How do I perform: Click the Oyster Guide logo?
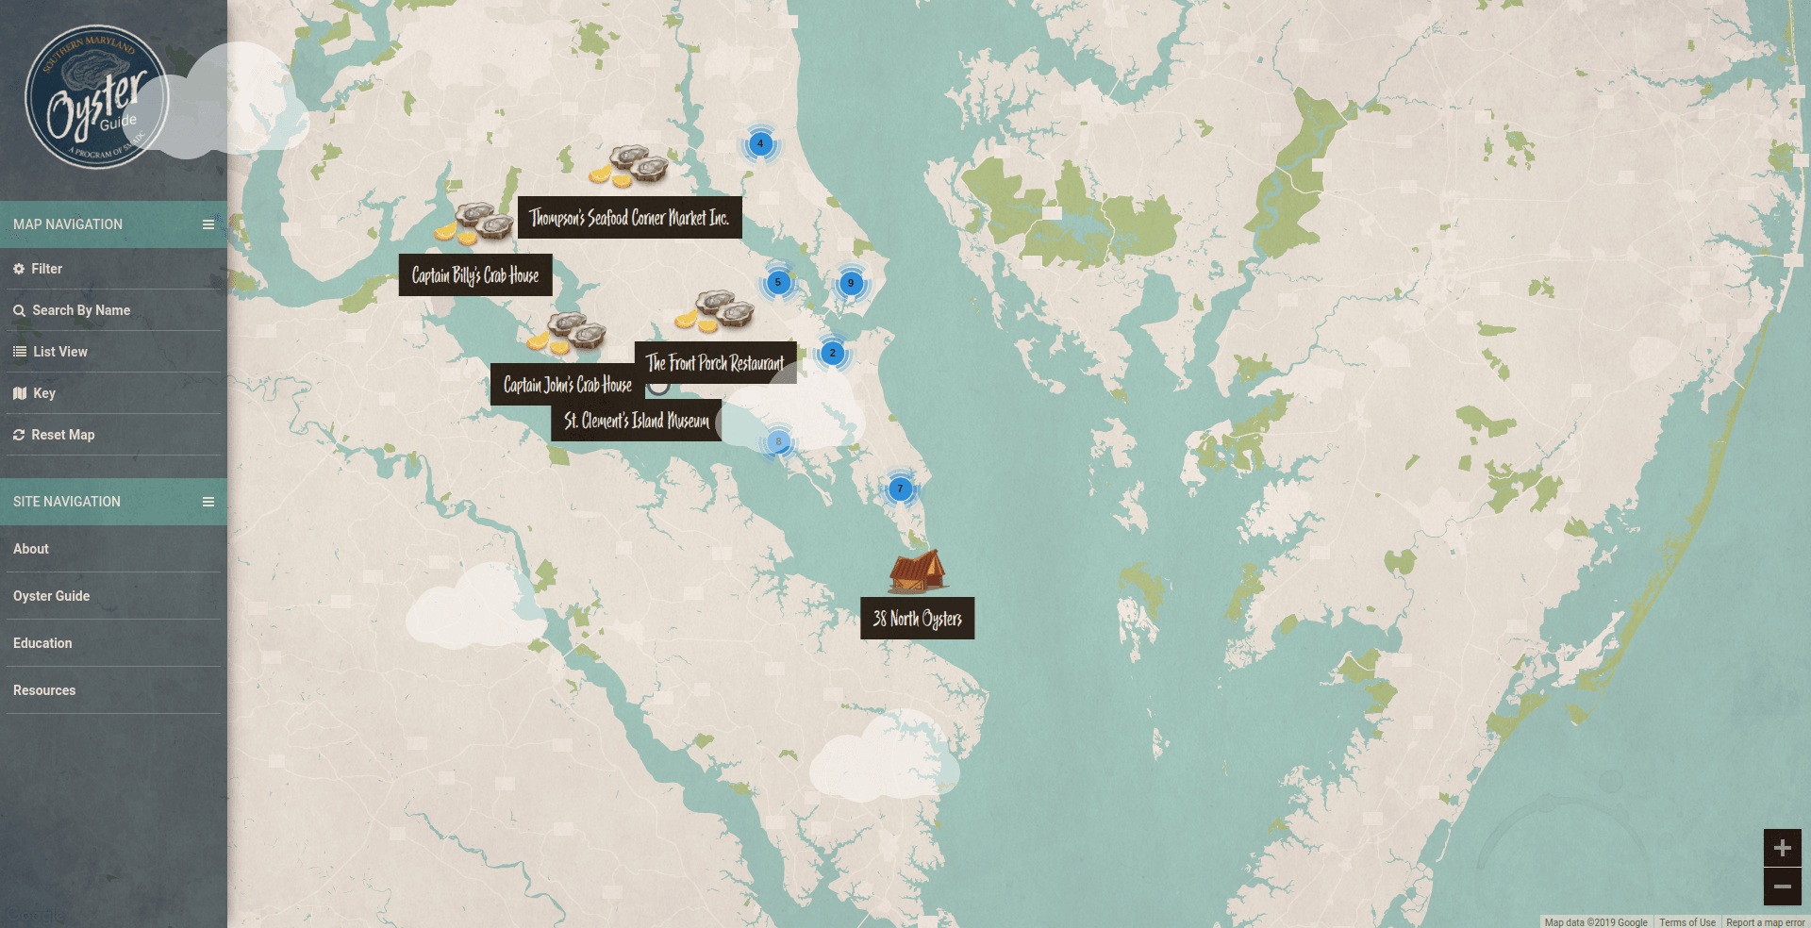96,97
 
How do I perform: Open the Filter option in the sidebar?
46,269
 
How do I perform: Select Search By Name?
80,310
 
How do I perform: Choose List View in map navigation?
59,352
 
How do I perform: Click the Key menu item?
43,393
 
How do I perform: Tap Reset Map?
62,435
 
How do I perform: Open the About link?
31,549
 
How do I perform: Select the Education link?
42,643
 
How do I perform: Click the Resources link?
44,690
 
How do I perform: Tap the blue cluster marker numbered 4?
760,144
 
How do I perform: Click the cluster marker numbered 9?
851,283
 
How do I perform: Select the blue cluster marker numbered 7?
900,489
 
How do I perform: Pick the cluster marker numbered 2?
832,353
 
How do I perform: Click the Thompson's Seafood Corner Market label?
629,218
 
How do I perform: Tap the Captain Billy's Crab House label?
474,275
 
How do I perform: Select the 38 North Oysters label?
917,619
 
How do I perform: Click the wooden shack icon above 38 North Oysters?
916,572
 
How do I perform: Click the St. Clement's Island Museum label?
636,421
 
